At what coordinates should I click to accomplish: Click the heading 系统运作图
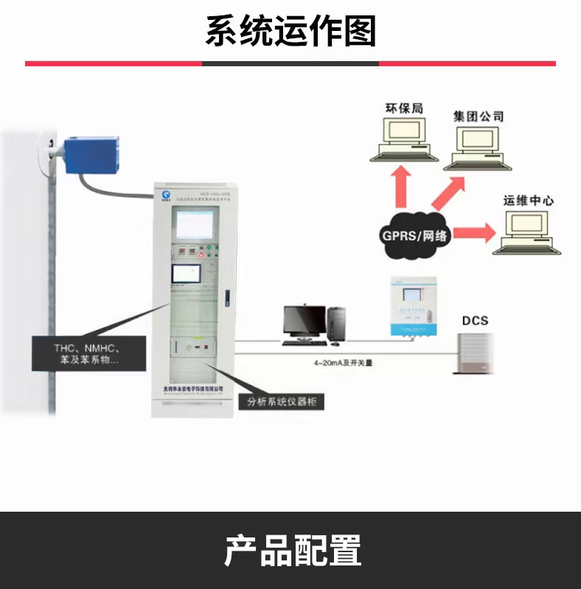[x=290, y=32]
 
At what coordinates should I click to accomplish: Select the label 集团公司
[x=479, y=116]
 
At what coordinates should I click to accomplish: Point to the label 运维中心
[x=528, y=200]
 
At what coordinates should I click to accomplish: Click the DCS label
[x=475, y=320]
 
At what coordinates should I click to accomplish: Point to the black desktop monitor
[x=305, y=322]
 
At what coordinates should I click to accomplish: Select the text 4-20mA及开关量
[x=330, y=363]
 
